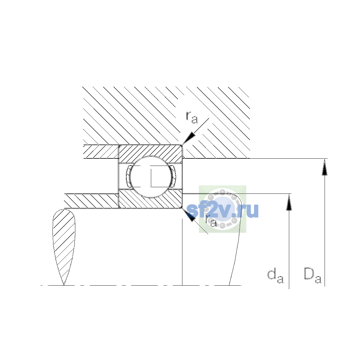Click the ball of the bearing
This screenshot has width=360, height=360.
(x=151, y=177)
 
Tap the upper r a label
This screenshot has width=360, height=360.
(x=192, y=118)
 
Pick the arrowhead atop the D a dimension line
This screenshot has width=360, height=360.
(x=325, y=167)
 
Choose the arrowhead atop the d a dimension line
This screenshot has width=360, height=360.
(x=289, y=202)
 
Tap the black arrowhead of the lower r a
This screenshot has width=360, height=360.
(x=189, y=215)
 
